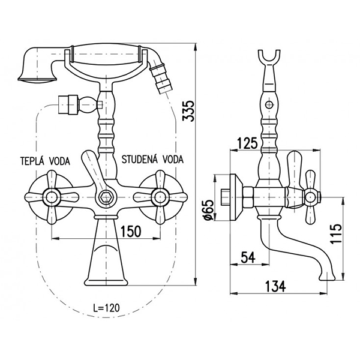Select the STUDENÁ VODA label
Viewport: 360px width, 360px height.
point(153,160)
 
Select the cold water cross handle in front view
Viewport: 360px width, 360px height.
point(160,196)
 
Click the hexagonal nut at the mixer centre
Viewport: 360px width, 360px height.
point(107,196)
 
